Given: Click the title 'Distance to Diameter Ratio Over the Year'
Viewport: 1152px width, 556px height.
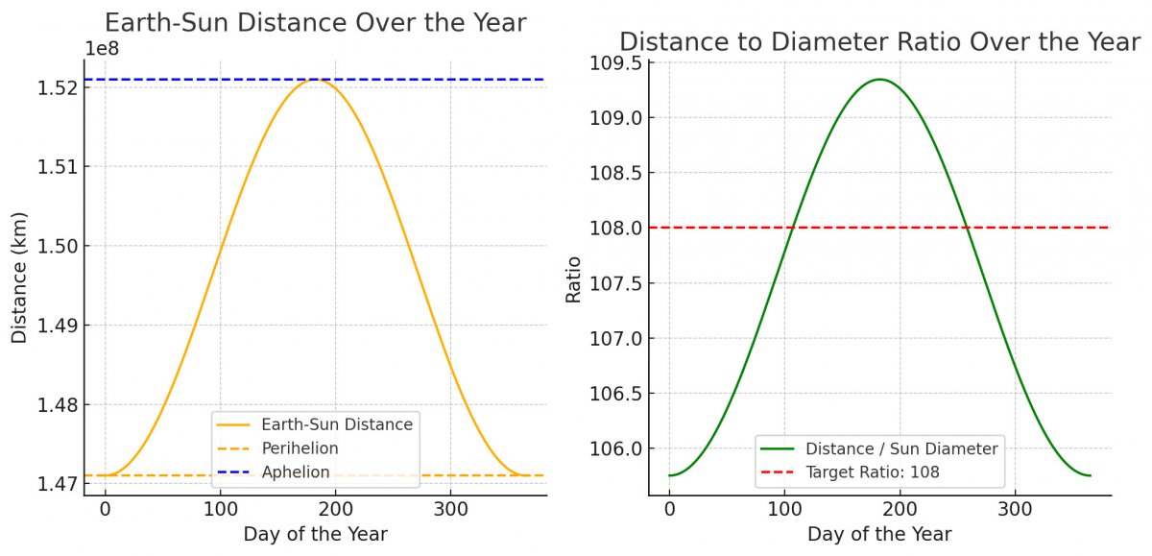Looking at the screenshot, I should (879, 42).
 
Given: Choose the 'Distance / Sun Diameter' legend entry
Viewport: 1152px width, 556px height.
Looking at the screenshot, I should (901, 447).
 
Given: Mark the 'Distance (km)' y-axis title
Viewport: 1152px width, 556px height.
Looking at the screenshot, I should (19, 278).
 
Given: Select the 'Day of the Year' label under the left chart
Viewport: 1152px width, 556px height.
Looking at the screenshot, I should (315, 535).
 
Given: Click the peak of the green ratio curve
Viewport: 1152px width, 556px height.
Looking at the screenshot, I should (878, 80).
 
